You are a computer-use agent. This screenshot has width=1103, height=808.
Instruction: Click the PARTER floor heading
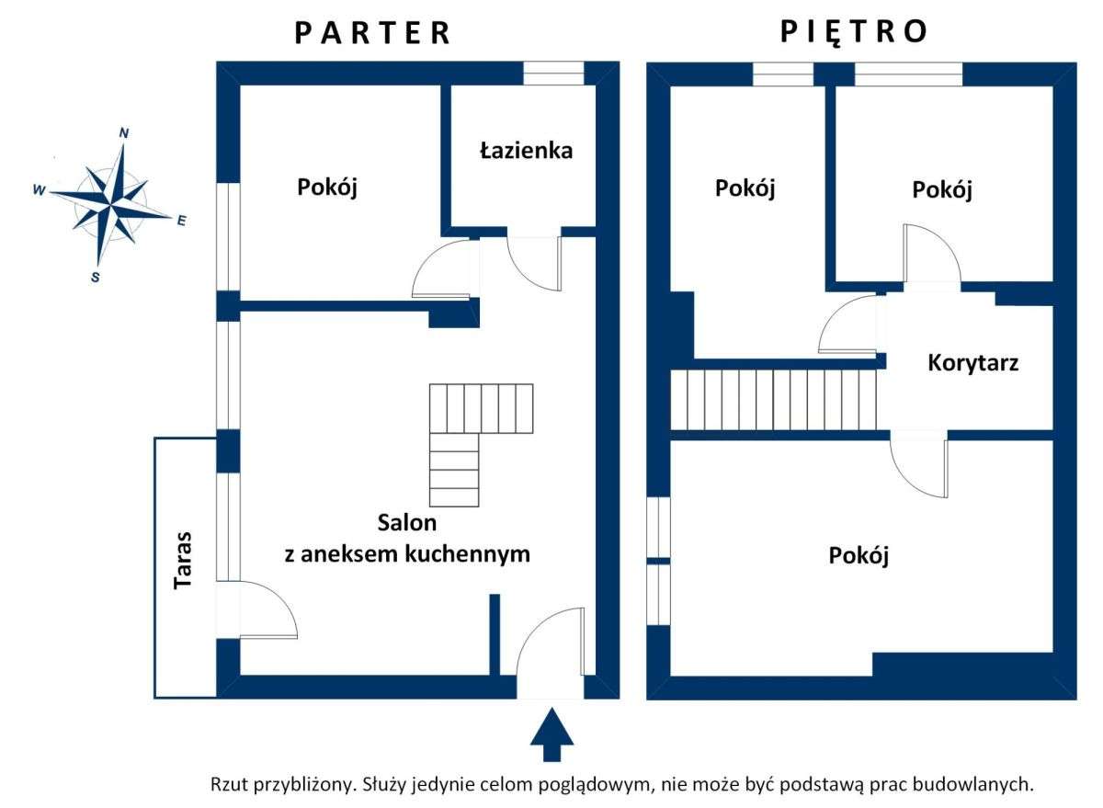click(x=373, y=33)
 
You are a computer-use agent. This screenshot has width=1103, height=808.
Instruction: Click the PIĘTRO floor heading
click(x=854, y=32)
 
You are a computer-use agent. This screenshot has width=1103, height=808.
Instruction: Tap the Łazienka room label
click(x=526, y=151)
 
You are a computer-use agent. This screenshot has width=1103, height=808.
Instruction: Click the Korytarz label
click(x=972, y=362)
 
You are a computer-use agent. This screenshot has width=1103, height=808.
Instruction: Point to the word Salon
click(x=407, y=523)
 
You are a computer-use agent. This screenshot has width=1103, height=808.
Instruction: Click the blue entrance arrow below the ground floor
click(x=551, y=734)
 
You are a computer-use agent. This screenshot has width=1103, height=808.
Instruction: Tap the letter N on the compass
click(x=124, y=133)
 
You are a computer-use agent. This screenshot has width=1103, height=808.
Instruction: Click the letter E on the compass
click(x=181, y=221)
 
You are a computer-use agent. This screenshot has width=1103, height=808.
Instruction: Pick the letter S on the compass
click(x=96, y=277)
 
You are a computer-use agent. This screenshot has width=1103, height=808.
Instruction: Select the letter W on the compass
click(x=39, y=190)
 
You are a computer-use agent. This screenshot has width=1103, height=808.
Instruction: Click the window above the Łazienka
click(x=553, y=74)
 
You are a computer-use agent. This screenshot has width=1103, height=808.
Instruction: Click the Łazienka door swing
click(x=534, y=263)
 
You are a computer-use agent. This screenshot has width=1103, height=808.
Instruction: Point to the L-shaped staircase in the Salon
click(x=469, y=432)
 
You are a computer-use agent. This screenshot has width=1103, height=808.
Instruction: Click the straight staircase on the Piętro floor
click(x=773, y=399)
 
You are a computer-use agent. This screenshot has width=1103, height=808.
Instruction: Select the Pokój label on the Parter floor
click(x=326, y=188)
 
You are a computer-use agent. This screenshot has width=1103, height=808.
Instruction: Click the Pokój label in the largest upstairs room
click(x=859, y=556)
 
